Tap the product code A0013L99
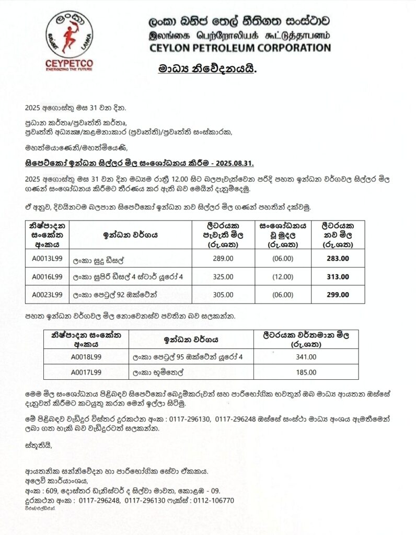pos(47,259)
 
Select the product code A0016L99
pos(47,277)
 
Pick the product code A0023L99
pos(47,295)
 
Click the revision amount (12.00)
pos(283,277)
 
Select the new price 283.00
pos(338,259)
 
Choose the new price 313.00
pos(338,277)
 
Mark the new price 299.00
pos(338,295)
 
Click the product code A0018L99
pos(86,357)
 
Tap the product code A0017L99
pos(86,372)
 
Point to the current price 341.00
pos(306,357)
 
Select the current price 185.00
pos(306,372)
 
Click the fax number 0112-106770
pos(214,500)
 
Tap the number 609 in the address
pos(51,491)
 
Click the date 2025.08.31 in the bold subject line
pos(236,163)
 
